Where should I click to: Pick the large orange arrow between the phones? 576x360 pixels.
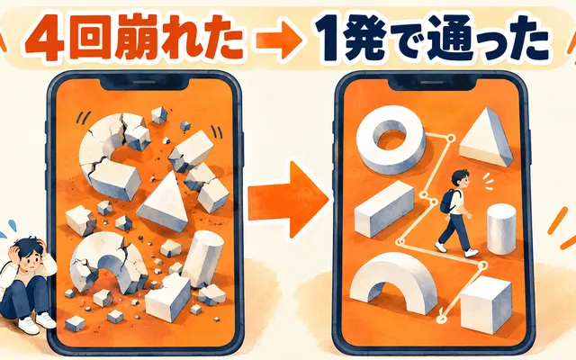tap(288, 199)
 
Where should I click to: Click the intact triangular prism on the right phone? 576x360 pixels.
tap(486, 138)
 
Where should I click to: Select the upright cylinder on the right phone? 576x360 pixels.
tap(501, 229)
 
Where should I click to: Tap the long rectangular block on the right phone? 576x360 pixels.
tap(384, 208)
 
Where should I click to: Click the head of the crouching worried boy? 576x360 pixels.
tap(29, 253)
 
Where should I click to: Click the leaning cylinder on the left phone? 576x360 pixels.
tap(202, 259)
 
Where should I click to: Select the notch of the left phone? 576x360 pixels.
tap(145, 85)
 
